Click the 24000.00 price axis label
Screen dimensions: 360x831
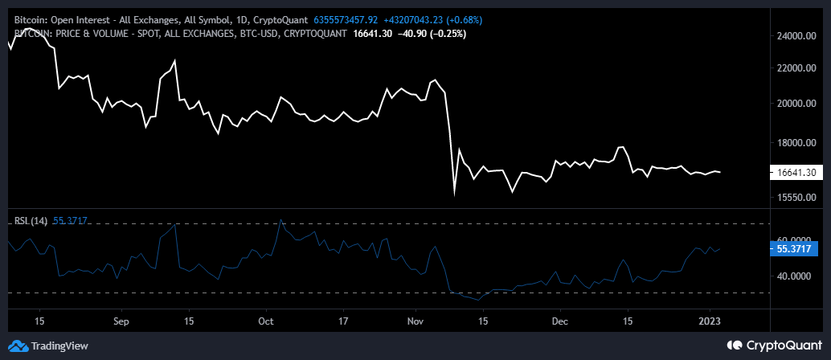pyautogui.click(x=796, y=36)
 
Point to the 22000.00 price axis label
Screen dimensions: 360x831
pyautogui.click(x=796, y=68)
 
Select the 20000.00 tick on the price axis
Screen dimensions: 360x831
pyautogui.click(x=796, y=104)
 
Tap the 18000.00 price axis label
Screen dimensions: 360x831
pyautogui.click(x=796, y=143)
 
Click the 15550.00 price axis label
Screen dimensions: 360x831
pyautogui.click(x=796, y=197)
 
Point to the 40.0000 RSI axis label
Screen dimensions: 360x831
pyautogui.click(x=796, y=276)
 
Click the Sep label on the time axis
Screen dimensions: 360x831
pyautogui.click(x=121, y=320)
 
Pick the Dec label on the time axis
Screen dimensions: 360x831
pyautogui.click(x=560, y=320)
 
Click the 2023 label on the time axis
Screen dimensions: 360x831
pyautogui.click(x=710, y=320)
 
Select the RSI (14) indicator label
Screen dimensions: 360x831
pyautogui.click(x=31, y=220)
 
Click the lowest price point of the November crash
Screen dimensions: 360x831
pyautogui.click(x=455, y=194)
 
